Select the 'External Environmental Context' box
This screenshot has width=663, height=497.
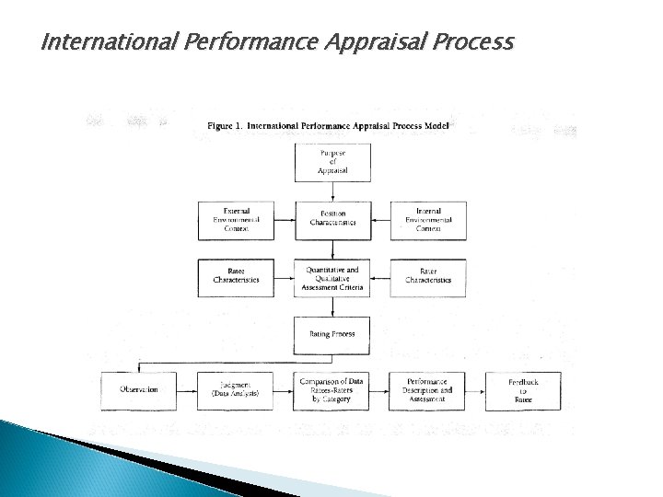point(231,220)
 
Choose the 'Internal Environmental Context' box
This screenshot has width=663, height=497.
point(428,220)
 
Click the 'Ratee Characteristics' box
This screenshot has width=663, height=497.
point(231,275)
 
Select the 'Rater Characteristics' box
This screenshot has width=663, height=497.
point(428,275)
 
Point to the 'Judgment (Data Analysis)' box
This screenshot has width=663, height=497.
point(231,389)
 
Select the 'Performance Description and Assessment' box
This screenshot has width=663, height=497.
point(428,389)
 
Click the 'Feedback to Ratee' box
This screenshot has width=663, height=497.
point(522,389)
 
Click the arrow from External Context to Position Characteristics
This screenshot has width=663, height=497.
point(281,220)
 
